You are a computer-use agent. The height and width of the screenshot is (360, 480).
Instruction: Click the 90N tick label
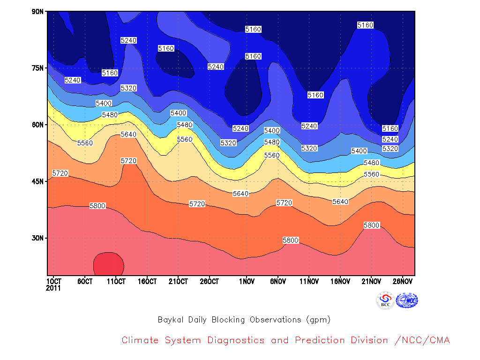point(37,12)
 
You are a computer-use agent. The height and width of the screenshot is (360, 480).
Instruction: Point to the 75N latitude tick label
point(37,68)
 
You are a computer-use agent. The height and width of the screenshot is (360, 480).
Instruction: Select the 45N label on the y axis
point(37,181)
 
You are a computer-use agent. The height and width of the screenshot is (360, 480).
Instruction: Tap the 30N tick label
point(37,238)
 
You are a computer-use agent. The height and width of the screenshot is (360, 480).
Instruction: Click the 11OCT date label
point(116,281)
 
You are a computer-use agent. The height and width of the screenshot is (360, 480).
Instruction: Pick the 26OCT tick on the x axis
point(210,281)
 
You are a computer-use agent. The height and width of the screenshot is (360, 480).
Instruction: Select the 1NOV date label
point(247,281)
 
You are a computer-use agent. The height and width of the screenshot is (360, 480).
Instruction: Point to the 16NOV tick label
point(340,281)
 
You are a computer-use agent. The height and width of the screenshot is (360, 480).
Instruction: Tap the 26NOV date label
point(403,281)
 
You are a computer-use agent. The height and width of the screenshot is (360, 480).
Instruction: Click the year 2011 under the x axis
point(53,288)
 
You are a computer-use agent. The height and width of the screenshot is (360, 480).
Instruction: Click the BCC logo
point(385,300)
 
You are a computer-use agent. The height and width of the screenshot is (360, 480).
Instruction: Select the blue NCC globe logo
point(407,300)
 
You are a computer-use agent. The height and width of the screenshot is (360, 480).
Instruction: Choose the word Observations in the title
point(276,320)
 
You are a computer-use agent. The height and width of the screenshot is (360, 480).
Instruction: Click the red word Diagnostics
point(236,340)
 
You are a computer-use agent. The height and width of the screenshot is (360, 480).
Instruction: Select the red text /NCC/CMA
point(422,340)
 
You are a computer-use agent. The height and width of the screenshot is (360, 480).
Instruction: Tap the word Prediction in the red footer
point(320,340)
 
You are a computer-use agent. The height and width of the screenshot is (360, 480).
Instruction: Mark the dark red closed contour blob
point(109,264)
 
